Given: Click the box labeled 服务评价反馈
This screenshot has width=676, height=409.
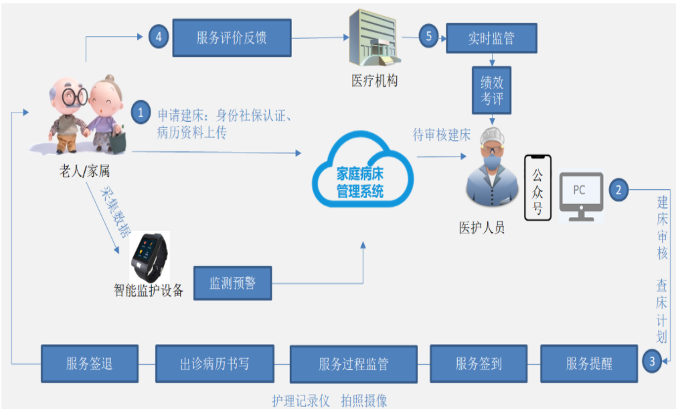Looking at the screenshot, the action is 232,37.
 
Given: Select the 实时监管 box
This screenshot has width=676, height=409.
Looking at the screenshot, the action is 491,38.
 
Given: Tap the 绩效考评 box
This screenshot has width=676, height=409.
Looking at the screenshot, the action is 491,90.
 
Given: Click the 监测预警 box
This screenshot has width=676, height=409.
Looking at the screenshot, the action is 233,283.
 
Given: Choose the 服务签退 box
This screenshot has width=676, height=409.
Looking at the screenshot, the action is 90,363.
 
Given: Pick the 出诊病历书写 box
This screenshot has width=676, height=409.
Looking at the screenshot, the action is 215,363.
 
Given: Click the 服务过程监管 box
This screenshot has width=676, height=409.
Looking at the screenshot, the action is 353,364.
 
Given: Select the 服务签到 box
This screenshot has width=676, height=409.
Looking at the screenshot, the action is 479,363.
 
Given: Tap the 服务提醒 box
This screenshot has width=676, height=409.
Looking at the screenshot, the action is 589,363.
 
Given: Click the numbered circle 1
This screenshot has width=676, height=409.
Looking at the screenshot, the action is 141,112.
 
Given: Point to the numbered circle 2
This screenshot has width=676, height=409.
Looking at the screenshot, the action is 618,189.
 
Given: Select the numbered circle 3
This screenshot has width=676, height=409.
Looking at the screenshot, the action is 651,361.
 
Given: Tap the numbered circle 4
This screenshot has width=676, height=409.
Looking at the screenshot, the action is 159,37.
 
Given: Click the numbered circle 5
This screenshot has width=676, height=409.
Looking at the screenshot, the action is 428,35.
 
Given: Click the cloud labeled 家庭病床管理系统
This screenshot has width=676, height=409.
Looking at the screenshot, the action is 362,170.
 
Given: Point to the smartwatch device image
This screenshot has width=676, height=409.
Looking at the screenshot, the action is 149,257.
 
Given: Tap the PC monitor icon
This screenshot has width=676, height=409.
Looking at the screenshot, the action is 581,197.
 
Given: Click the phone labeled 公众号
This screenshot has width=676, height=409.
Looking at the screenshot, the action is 537,188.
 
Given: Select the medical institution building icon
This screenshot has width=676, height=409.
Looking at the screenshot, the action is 373,38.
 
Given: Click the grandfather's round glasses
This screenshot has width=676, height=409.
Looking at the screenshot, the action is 74,96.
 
